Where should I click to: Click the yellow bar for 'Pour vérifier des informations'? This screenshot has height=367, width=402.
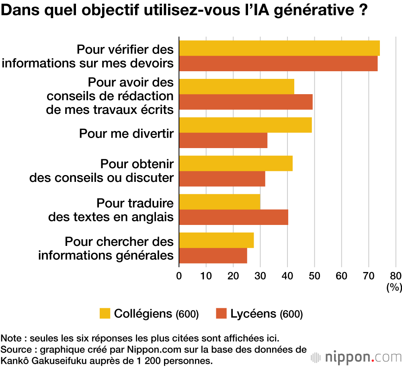point(279,48)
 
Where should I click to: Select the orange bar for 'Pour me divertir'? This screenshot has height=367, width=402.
point(223,140)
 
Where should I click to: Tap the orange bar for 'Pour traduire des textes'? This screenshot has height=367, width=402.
point(234,217)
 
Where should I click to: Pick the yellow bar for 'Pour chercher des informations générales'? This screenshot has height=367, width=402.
point(216,240)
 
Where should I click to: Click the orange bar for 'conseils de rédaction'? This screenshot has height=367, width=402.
point(246,102)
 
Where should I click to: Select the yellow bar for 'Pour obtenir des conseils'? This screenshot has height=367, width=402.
point(236,163)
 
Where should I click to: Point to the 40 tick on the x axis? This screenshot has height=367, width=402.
point(287,276)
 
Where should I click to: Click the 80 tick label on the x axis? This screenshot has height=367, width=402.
point(396,276)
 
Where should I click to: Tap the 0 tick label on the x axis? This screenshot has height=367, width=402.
point(179,276)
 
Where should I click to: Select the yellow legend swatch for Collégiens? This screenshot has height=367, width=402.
point(105,313)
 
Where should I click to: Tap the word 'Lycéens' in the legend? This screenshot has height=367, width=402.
point(253,314)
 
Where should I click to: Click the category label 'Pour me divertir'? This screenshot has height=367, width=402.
point(126,133)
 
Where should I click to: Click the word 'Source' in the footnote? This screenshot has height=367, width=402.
point(14,348)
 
